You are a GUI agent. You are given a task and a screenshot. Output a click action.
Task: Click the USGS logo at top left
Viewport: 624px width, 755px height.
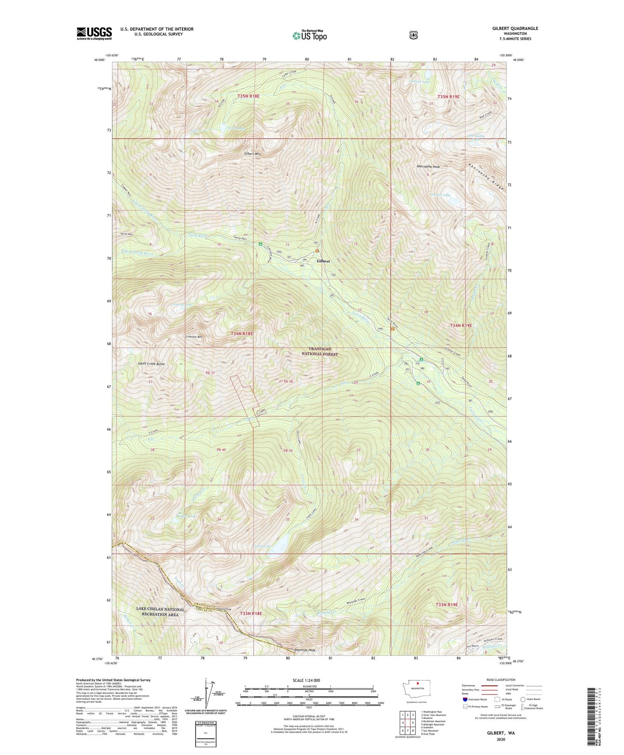[94, 33]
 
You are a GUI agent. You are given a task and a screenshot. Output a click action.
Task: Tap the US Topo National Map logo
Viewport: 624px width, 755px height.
[310, 35]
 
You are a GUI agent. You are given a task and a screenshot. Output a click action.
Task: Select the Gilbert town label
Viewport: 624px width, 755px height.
[323, 261]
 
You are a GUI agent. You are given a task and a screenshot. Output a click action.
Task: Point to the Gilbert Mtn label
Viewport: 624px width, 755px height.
[252, 154]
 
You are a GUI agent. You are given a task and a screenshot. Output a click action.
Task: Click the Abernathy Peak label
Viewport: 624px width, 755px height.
[428, 167]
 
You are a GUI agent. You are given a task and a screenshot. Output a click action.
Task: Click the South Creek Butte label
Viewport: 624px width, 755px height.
[151, 364]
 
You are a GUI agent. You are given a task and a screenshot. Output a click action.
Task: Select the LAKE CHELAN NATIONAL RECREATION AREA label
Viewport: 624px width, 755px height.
[160, 612]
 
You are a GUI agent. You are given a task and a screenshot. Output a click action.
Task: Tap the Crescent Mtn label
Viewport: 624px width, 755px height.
[194, 336]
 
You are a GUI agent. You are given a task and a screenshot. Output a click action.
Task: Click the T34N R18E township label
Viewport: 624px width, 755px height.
[242, 334]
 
